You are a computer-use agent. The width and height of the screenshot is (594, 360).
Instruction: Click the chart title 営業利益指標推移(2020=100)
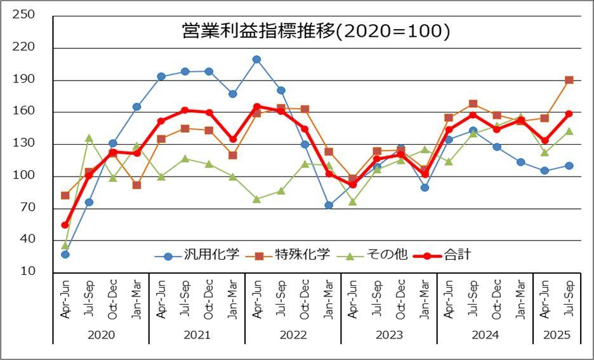[315, 32]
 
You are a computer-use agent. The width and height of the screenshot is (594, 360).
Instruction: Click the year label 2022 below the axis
[293, 335]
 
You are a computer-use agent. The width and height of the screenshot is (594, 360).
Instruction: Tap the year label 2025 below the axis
[557, 335]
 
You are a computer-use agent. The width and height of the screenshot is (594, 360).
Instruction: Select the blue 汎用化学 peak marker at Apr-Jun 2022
[256, 59]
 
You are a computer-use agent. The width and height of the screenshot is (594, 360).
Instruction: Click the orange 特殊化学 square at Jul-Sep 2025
[569, 80]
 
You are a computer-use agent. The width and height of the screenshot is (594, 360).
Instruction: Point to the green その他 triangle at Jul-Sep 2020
[89, 138]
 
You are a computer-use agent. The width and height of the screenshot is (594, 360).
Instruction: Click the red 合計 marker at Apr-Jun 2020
[65, 225]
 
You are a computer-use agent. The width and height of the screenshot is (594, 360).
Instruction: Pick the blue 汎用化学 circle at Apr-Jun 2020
[65, 254]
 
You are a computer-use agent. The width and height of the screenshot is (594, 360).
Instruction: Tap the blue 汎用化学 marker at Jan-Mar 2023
[329, 205]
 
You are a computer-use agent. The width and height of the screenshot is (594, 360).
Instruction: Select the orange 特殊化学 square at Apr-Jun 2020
[65, 195]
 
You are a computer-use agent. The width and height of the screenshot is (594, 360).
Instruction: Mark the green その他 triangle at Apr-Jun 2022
[256, 199]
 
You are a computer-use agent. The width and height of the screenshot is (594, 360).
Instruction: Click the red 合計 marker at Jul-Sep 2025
[569, 114]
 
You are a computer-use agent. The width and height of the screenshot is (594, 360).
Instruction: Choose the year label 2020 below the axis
[100, 335]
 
